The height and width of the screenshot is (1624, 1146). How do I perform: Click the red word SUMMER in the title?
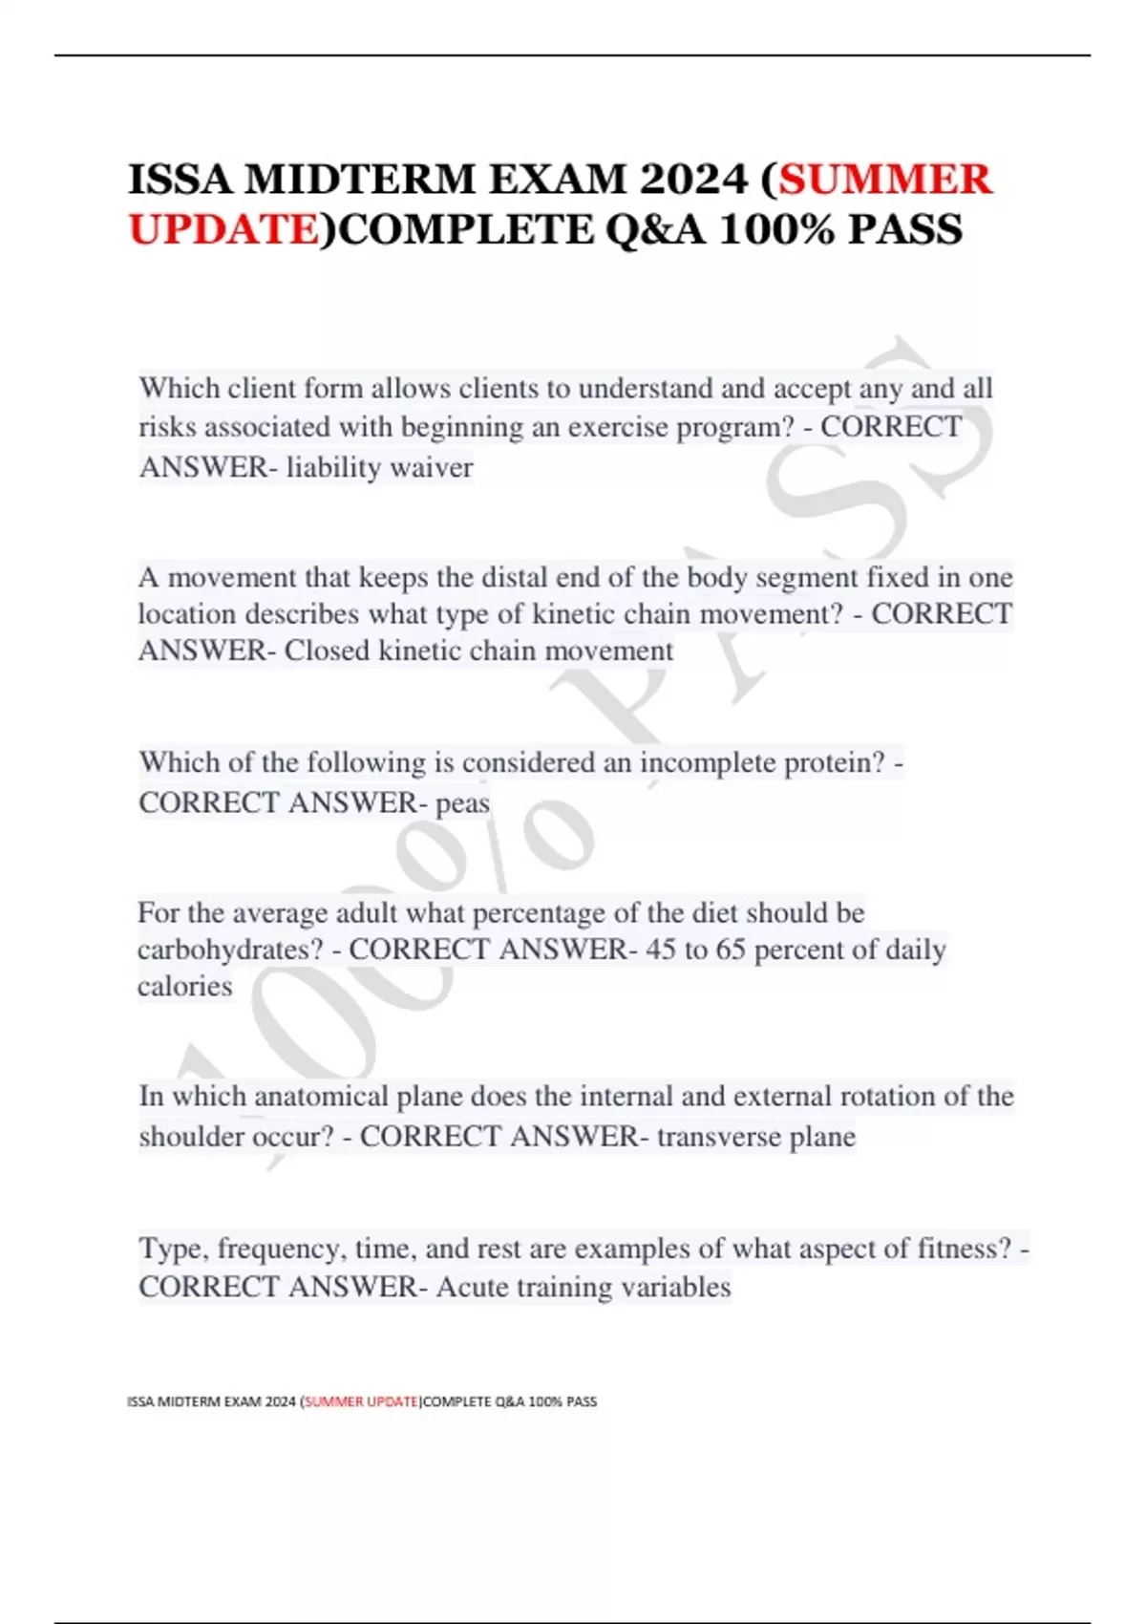pyautogui.click(x=885, y=180)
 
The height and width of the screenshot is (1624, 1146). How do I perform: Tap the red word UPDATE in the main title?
pyautogui.click(x=223, y=229)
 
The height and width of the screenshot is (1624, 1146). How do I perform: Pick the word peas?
pyautogui.click(x=462, y=802)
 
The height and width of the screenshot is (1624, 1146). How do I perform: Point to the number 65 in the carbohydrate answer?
pyautogui.click(x=730, y=950)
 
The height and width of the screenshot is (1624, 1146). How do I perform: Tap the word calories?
pyautogui.click(x=184, y=986)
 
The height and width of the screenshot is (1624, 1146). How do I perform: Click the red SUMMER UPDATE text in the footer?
pyautogui.click(x=361, y=1401)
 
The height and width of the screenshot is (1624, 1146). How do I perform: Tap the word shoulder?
pyautogui.click(x=191, y=1137)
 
